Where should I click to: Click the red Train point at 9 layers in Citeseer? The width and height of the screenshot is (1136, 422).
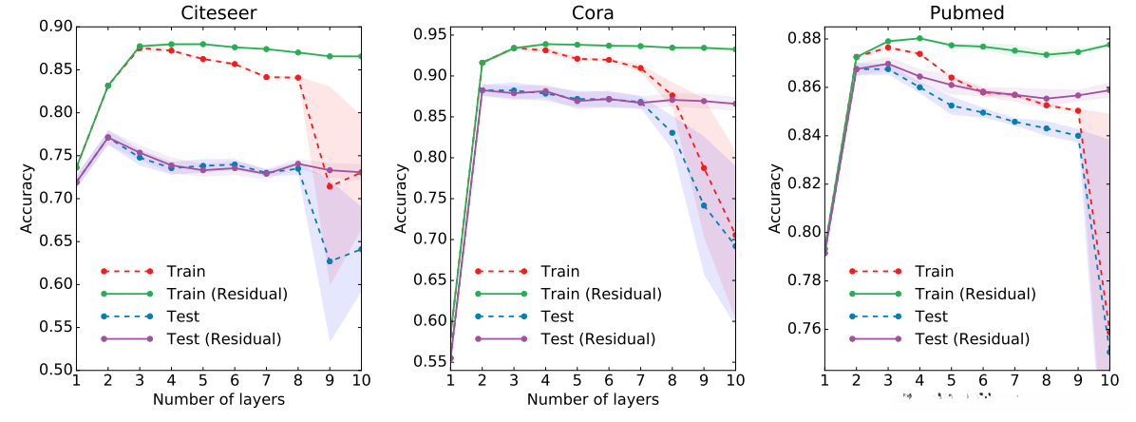pos(330,186)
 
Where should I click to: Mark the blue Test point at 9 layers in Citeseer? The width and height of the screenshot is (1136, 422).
pos(330,261)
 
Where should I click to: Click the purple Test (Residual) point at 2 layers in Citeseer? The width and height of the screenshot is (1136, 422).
pos(107,137)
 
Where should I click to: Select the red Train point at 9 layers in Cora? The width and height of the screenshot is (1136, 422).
pos(704,168)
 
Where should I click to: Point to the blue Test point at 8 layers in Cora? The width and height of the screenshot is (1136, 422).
pos(672,133)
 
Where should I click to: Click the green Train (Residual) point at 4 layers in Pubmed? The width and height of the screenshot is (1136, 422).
pos(919,39)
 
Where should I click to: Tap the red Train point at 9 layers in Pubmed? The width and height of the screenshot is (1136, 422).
pos(1078,111)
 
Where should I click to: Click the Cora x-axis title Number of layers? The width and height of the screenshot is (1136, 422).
pos(594,400)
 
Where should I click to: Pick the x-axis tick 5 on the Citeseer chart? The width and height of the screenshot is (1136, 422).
pos(202,381)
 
